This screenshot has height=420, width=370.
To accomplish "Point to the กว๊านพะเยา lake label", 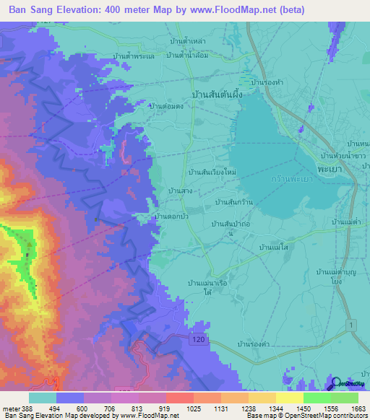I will pos(290,178).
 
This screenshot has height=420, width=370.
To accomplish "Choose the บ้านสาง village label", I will pos(179,191).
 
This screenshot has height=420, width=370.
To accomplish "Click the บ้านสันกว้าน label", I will pos(233,202).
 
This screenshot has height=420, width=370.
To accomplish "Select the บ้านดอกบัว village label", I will pos(172,215).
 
